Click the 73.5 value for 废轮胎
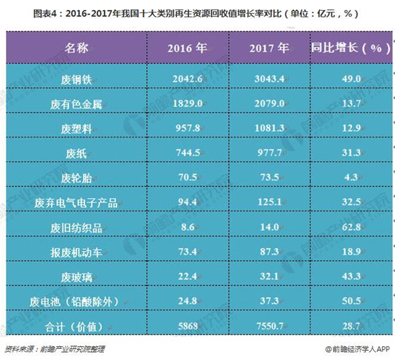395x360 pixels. pyautogui.click(x=269, y=178)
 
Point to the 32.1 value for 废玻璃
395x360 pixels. pyautogui.click(x=269, y=277)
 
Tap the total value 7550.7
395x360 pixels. pyautogui.click(x=269, y=326)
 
